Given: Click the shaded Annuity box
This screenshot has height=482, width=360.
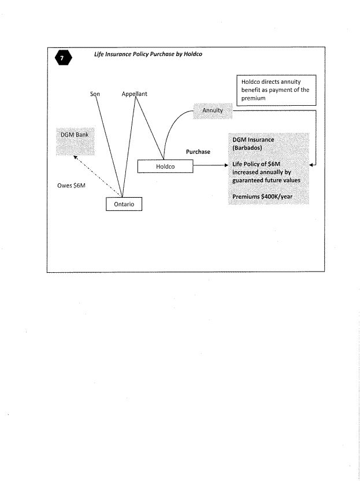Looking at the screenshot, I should point(212,110).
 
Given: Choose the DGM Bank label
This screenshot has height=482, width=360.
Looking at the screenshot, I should point(74,135).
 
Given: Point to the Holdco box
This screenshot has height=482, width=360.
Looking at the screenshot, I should point(165,166).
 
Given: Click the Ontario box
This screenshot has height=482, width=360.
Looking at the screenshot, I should point(124,205).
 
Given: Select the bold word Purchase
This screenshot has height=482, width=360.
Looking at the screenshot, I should point(198,152).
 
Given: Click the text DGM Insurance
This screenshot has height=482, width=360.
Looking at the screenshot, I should point(253,140).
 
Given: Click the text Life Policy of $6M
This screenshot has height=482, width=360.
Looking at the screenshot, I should point(256,164).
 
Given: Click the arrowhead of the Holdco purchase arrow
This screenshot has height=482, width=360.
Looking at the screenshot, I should point(227,165).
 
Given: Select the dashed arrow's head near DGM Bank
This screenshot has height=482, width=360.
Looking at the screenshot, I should point(75,157).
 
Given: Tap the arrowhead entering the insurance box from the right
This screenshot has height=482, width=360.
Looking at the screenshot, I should point(312,165).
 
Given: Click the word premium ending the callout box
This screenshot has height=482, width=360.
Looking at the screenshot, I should point(253,98).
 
